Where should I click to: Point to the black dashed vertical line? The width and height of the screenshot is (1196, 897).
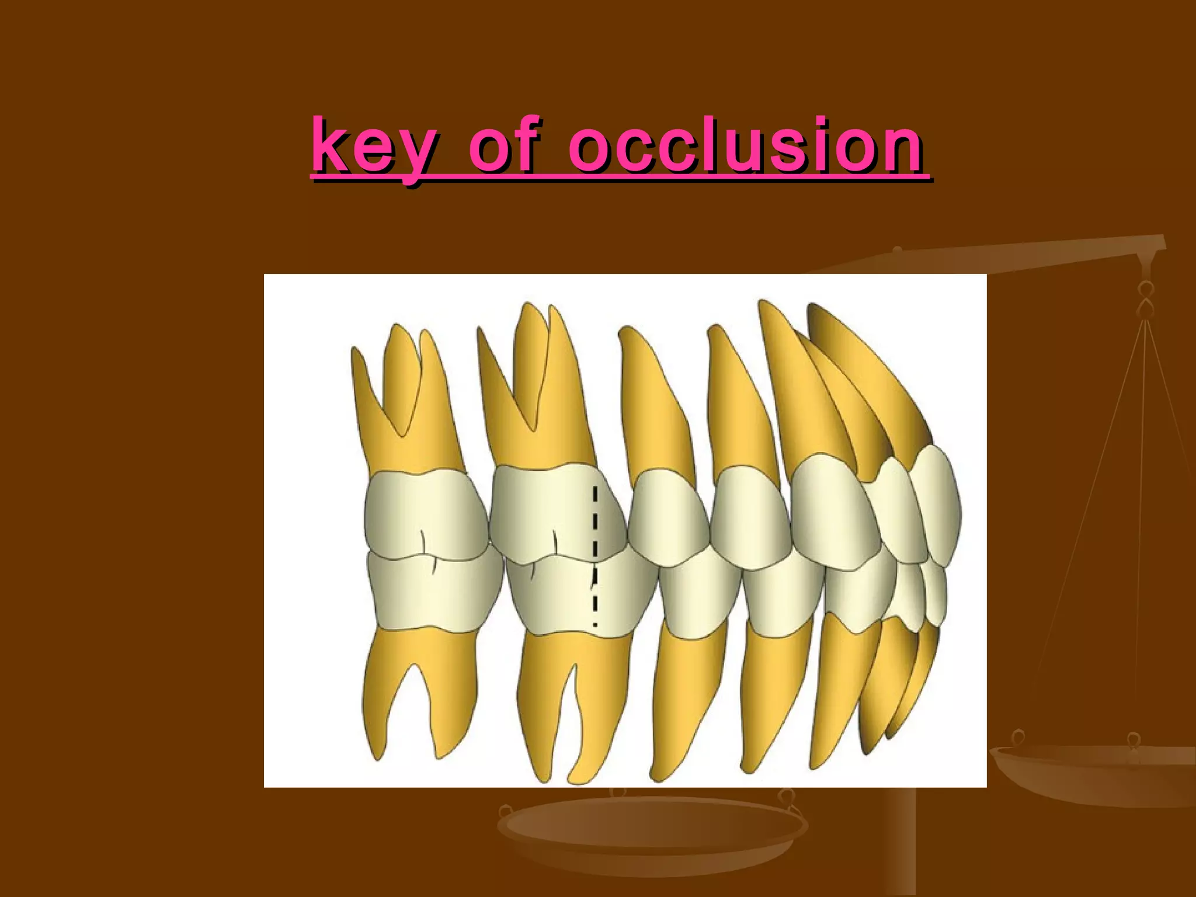(594, 555)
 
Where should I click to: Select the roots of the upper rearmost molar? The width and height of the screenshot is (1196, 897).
(403, 397)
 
